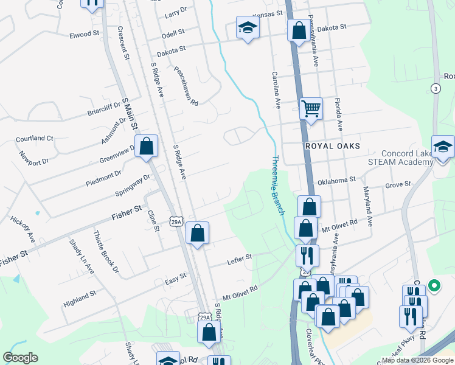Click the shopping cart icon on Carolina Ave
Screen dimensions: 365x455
click(x=311, y=109)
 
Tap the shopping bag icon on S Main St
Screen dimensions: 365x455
click(x=146, y=146)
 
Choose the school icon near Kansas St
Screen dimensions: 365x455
click(x=248, y=28)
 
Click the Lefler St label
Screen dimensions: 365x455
click(x=240, y=257)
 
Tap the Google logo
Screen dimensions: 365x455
click(x=20, y=358)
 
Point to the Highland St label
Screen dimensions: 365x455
click(x=80, y=297)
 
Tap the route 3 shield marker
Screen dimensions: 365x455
click(x=436, y=88)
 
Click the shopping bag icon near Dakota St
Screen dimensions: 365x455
click(x=299, y=30)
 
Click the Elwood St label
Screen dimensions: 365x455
click(x=84, y=34)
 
